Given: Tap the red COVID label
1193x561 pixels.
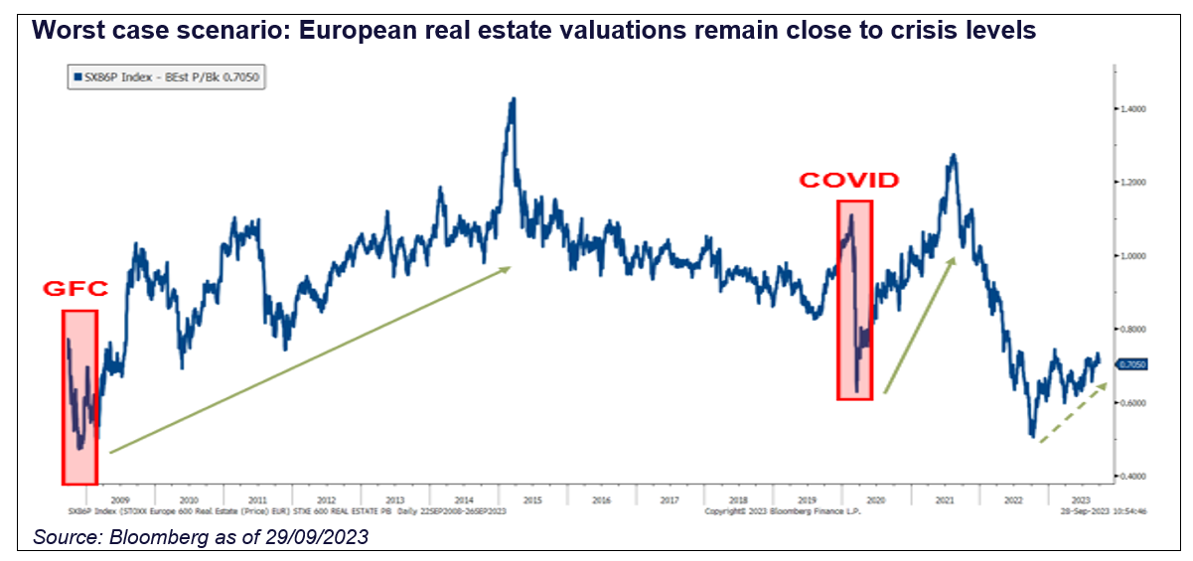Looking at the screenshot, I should pyautogui.click(x=849, y=181).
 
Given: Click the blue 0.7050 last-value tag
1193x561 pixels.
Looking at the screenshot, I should pyautogui.click(x=1133, y=364).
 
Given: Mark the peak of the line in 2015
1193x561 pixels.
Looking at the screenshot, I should pyautogui.click(x=513, y=99).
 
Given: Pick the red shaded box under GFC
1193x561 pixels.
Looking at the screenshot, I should pyautogui.click(x=79, y=397).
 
